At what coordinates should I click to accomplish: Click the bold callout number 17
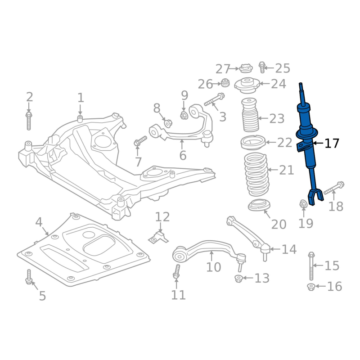click(332, 143)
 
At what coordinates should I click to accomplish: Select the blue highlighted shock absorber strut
click(308, 142)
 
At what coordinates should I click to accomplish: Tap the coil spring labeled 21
click(256, 175)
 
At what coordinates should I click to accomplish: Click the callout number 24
click(279, 84)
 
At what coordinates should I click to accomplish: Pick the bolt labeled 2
click(29, 121)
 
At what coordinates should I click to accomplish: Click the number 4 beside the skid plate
click(39, 222)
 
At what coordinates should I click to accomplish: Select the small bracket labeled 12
click(158, 238)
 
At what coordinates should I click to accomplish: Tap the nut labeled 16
click(311, 287)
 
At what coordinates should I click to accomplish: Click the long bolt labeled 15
click(311, 266)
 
